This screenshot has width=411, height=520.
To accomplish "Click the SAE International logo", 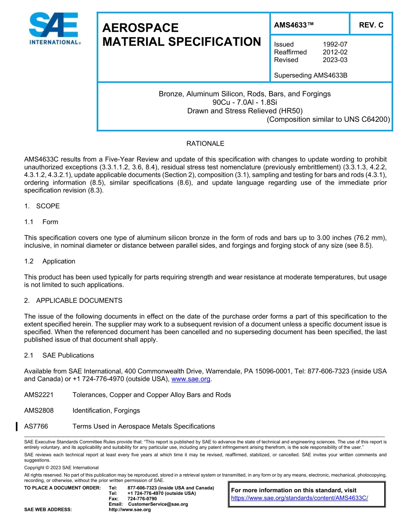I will tap(54, 29).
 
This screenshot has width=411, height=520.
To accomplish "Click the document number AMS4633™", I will tap(294, 25).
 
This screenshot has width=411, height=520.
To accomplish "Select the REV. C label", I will tap(371, 25).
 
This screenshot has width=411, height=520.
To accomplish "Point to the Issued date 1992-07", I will tap(335, 44).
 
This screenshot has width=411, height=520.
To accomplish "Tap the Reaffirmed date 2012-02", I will tap(335, 52).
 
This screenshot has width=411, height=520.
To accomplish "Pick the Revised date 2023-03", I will tap(335, 60).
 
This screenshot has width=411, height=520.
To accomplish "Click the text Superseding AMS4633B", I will tap(311, 75).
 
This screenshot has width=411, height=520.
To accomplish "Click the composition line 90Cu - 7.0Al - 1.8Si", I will tap(244, 102).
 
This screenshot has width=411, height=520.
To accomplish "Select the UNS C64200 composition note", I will tap(328, 119).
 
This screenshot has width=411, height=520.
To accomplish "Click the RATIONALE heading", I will tap(205, 143).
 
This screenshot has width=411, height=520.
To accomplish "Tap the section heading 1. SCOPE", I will tap(42, 206).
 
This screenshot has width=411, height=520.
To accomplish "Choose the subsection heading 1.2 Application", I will tap(50, 261).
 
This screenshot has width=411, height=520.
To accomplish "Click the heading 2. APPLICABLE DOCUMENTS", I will tap(73, 300).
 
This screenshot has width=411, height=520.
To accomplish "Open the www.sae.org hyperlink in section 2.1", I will tap(191, 379).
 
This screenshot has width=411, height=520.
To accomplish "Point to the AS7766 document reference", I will tap(36, 426).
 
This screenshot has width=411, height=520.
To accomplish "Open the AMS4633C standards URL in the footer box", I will tap(299, 498).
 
